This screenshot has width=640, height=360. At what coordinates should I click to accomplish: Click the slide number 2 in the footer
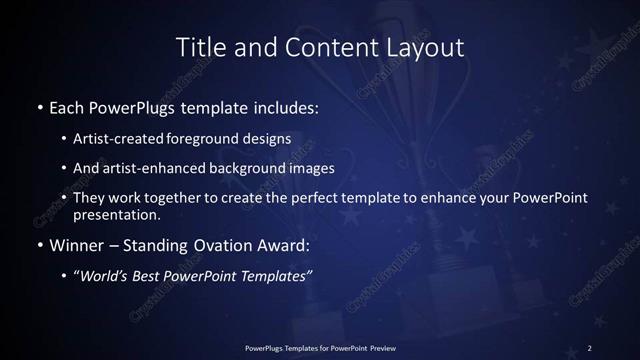(590, 347)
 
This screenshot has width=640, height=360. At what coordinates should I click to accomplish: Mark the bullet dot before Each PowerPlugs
(39, 106)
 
